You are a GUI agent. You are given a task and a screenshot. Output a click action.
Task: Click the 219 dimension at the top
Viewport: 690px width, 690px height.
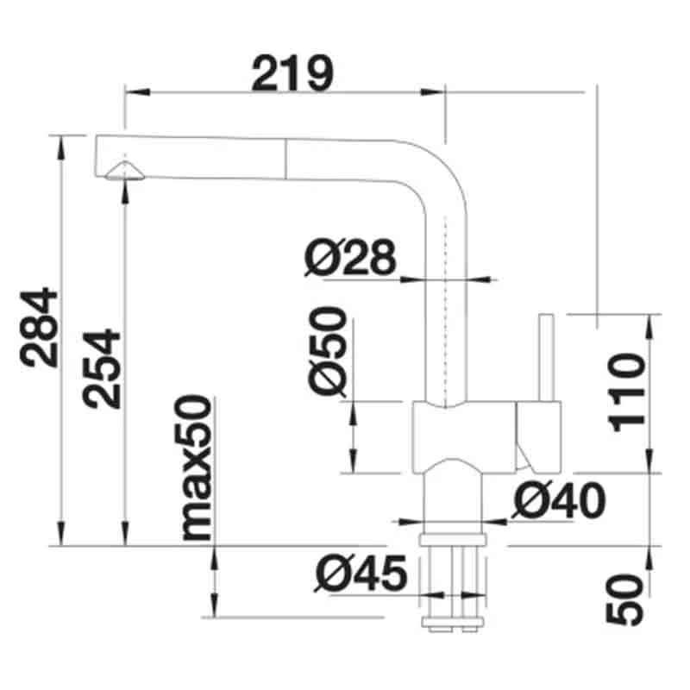tap(292, 74)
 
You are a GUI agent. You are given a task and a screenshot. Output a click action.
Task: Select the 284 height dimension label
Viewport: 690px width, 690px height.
tap(39, 328)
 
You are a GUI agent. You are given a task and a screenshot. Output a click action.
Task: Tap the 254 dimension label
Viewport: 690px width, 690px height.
tap(101, 369)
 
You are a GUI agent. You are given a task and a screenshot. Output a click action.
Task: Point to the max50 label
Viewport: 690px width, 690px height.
tap(192, 467)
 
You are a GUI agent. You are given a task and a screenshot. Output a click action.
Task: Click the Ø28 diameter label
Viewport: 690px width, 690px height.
tap(351, 257)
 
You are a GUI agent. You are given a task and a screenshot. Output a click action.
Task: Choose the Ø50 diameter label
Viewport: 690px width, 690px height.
tap(328, 351)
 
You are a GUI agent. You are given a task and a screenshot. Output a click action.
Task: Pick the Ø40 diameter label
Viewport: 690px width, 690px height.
tap(558, 500)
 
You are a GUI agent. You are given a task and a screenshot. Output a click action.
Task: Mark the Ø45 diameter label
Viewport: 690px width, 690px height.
tap(361, 574)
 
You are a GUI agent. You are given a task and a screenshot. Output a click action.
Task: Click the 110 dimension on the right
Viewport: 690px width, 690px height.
tap(628, 392)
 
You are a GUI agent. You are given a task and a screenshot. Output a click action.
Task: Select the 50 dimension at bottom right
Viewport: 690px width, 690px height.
tap(624, 599)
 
